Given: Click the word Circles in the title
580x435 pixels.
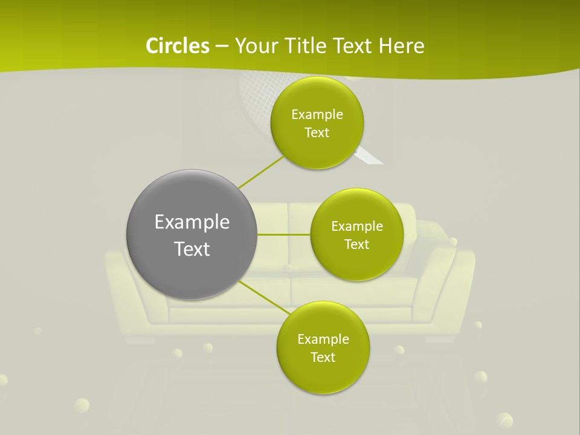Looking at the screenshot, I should tap(177, 46).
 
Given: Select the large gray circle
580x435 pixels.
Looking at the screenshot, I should tap(192, 234).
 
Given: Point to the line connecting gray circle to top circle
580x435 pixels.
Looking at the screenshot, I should tap(261, 172).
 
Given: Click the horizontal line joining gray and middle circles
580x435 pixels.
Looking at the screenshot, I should tap(283, 234).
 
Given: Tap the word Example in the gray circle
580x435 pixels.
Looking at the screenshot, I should tap(192, 222).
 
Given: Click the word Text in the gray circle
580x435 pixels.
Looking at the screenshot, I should tap(192, 249).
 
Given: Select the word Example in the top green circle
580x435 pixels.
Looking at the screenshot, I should tap(317, 114).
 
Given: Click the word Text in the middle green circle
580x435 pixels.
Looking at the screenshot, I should tap(356, 244).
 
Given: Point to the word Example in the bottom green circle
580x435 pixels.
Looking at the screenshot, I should tap(323, 339).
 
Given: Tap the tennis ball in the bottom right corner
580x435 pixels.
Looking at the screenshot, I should tap(503, 420).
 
